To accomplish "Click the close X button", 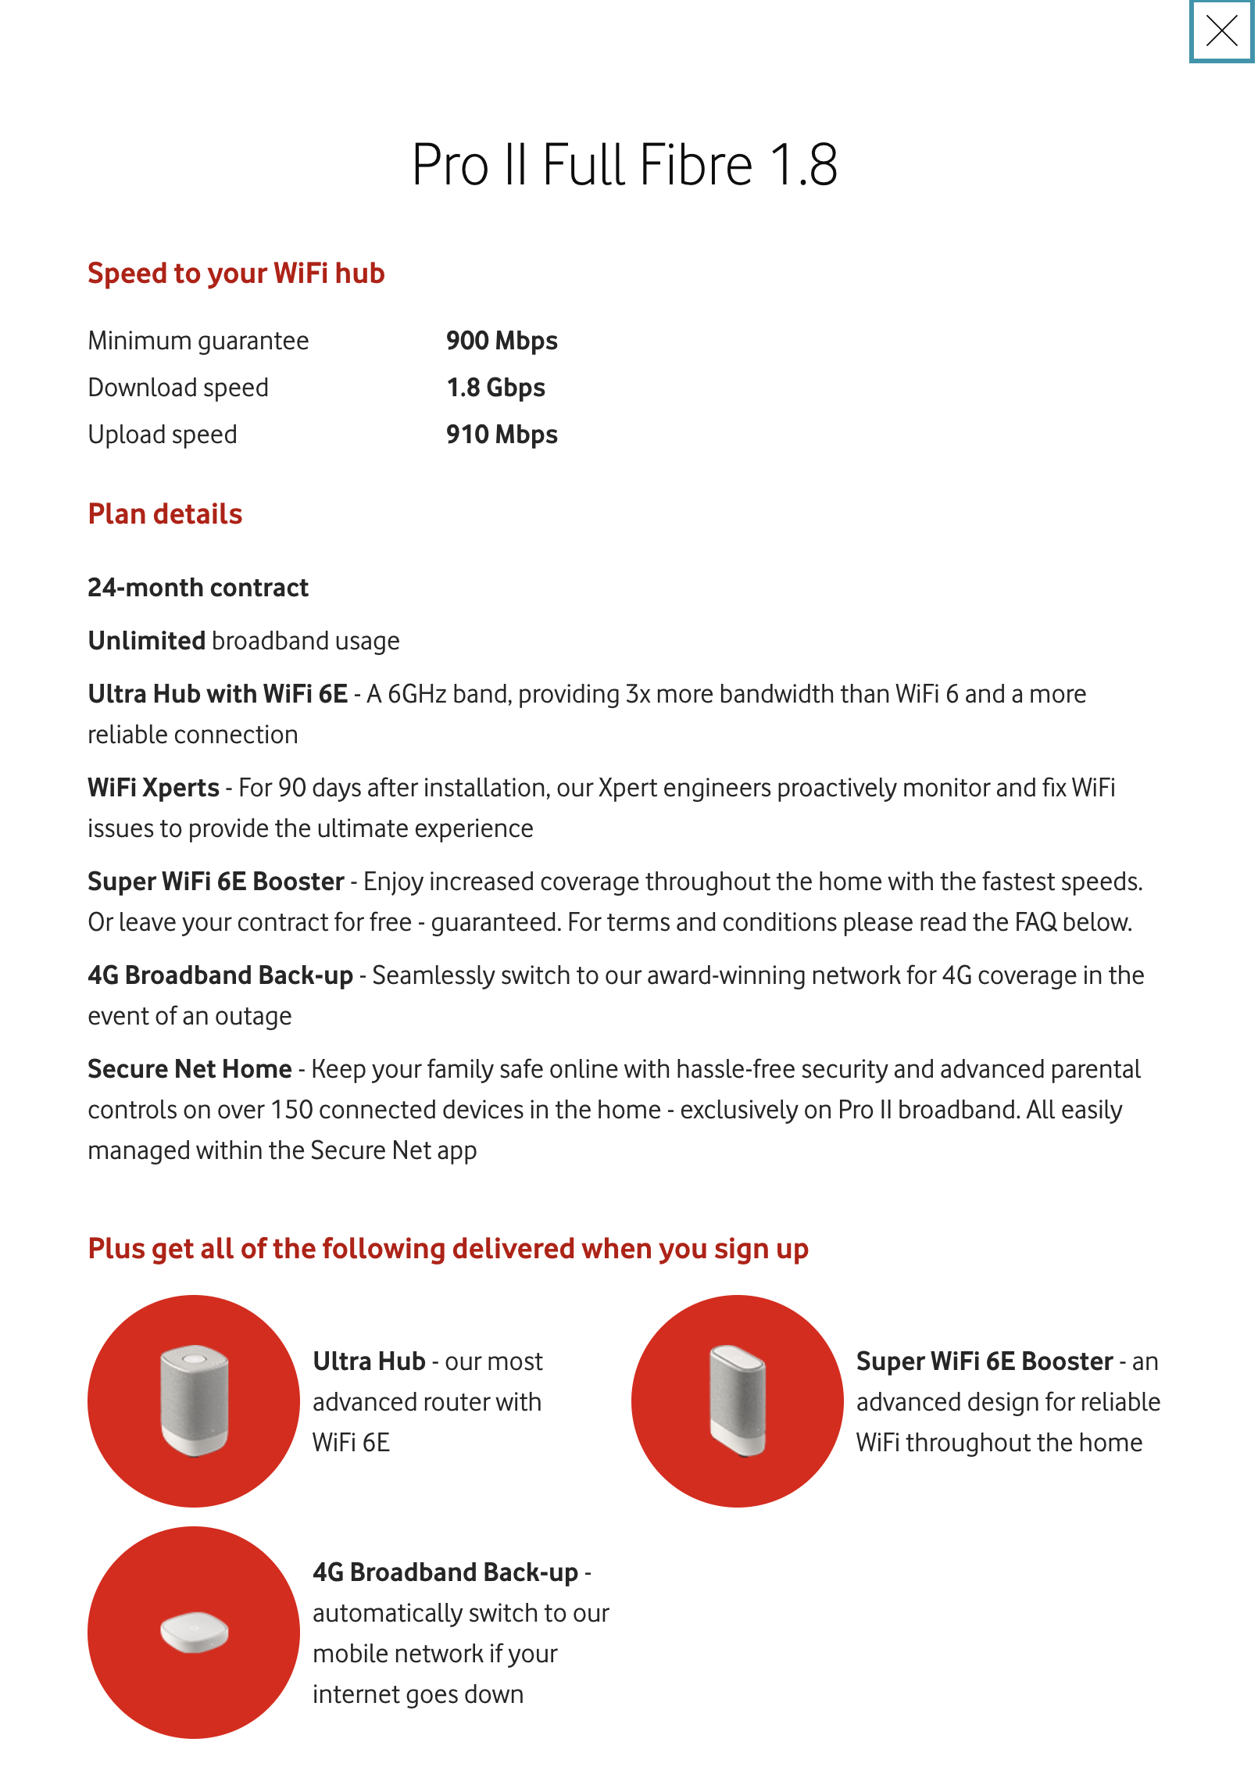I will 1221,31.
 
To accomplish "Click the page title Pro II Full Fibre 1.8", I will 624,165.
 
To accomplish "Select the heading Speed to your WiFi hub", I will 236,274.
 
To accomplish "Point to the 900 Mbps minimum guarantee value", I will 502,341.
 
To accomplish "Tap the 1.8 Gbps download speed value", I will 495,388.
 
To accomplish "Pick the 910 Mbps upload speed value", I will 502,435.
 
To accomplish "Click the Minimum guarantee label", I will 198,341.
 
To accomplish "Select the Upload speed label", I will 163,435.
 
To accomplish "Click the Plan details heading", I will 165,514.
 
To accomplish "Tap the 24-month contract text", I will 198,588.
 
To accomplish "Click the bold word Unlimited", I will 146,641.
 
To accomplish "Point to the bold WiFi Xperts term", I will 153,788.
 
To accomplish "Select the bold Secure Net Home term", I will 189,1069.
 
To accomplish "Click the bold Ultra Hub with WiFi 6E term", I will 217,694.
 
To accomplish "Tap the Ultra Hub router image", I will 194,1400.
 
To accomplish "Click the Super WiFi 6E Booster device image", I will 738,1400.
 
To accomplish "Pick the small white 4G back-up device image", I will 194,1632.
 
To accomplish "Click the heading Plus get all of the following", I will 448,1249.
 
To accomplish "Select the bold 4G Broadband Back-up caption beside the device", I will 445,1572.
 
